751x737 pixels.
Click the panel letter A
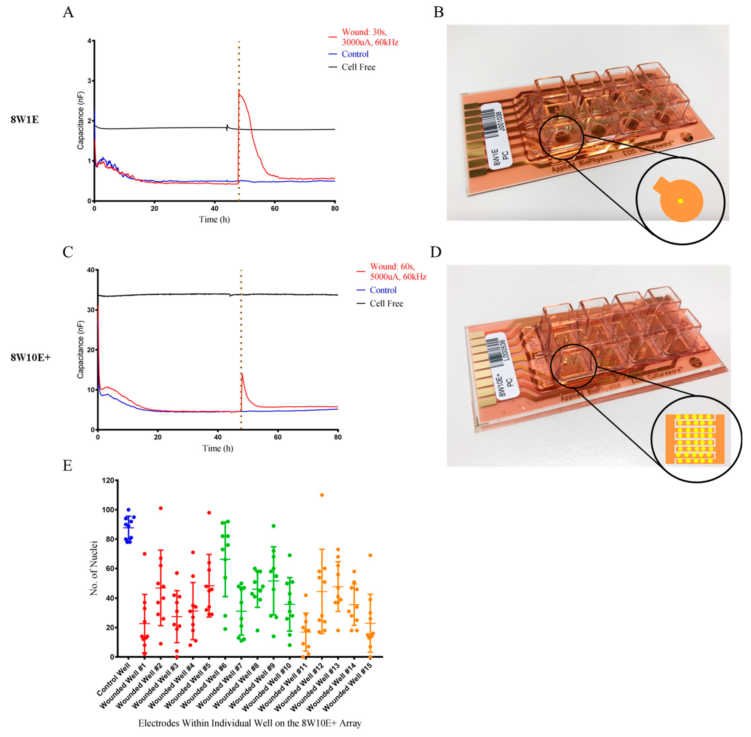tap(68, 12)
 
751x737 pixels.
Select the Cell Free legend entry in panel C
tap(386, 304)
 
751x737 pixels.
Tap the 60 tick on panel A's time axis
tap(275, 208)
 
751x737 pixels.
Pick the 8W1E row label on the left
tap(24, 120)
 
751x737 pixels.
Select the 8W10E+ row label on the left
tap(30, 357)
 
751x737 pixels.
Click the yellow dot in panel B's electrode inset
tap(680, 201)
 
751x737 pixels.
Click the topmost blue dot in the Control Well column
tap(129, 510)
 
